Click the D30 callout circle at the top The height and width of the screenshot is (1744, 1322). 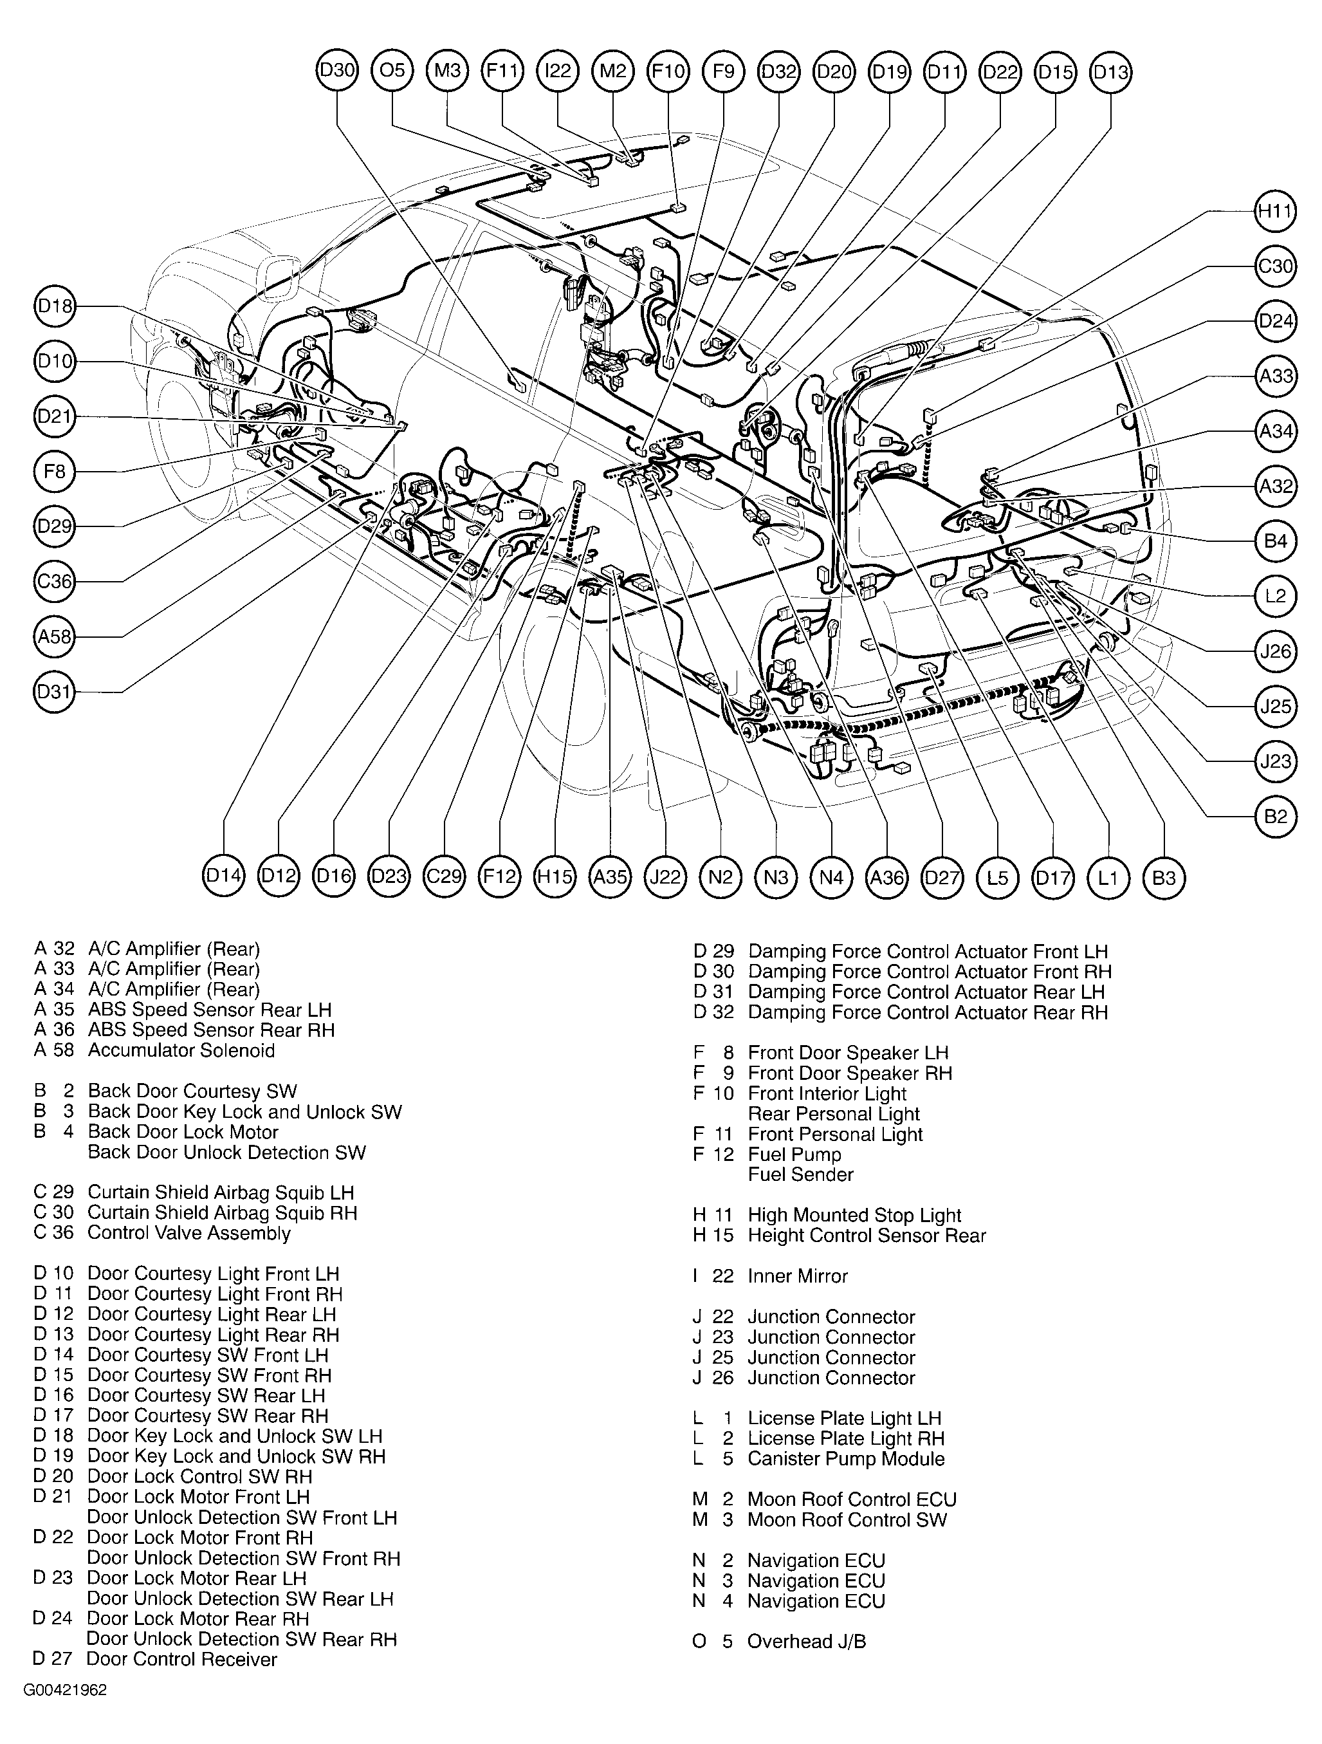click(336, 71)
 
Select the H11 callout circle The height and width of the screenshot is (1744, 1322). click(1274, 211)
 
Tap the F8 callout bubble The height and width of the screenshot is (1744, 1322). click(55, 472)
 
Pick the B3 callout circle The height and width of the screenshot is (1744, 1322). click(1164, 877)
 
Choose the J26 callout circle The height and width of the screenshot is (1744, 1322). click(1274, 651)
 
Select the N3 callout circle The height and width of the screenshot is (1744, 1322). click(776, 877)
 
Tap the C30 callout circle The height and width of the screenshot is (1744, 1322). click(1274, 266)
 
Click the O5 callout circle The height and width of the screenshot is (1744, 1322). click(392, 71)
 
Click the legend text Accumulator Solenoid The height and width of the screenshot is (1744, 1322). click(181, 1050)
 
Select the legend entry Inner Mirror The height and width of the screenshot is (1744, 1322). click(797, 1276)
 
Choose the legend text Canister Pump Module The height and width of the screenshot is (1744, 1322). click(846, 1459)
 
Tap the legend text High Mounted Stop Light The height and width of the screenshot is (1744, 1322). click(854, 1215)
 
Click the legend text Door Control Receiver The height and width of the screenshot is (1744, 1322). click(181, 1660)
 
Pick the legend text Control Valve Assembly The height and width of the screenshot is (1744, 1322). click(188, 1233)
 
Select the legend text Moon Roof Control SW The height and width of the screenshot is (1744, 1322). click(847, 1519)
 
